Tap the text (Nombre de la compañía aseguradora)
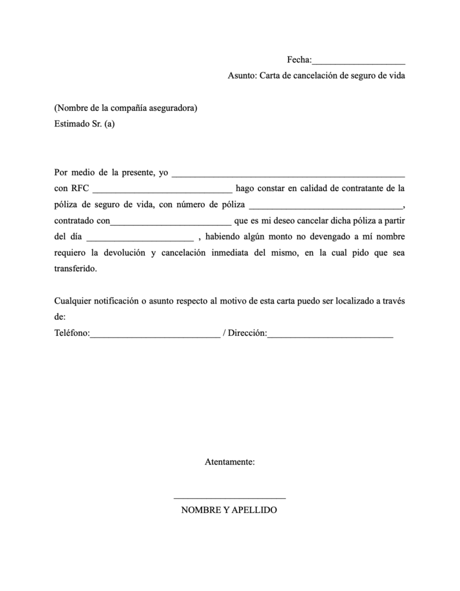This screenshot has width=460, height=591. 126,108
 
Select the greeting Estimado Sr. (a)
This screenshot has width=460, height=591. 84,123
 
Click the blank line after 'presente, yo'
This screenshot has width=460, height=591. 289,173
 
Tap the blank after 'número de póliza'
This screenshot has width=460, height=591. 326,205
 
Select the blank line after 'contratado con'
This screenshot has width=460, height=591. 170,221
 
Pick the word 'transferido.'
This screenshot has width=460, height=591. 76,269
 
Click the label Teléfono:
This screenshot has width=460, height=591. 72,334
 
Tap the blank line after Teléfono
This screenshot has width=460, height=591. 155,335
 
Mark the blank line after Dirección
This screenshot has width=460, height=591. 330,335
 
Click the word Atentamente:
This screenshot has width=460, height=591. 230,462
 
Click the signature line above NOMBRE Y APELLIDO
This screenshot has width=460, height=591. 230,497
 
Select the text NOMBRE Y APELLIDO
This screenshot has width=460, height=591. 229,511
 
